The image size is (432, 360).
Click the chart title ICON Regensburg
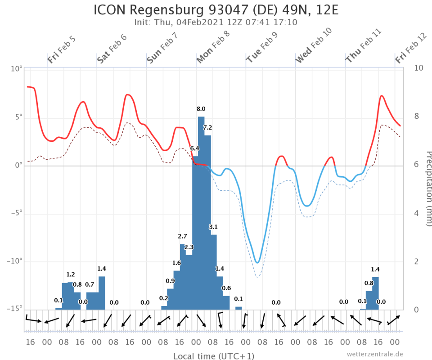(216, 10)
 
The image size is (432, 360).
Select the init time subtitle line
(216, 22)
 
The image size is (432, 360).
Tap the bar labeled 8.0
(201, 211)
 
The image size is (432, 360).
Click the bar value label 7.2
(207, 127)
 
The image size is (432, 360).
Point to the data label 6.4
(194, 148)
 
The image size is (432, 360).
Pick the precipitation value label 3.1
(213, 227)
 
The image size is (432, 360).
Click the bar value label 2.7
(182, 236)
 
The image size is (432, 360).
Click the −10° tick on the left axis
(14, 261)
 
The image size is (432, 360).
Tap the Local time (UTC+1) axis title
(213, 356)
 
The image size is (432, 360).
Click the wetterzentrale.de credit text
(375, 354)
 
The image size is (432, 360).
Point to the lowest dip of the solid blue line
(257, 262)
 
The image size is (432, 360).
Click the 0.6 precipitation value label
(226, 288)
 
